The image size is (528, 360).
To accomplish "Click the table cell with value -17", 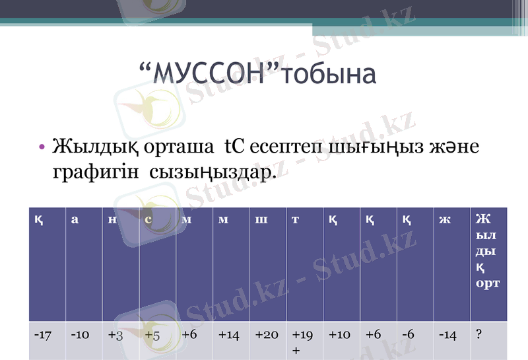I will pos(44,335).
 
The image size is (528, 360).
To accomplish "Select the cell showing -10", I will pos(80,335).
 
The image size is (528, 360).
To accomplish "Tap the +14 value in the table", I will pos(228,335).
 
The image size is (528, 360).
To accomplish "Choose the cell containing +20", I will pos(266,335).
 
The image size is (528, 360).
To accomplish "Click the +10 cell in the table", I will pos(339,335).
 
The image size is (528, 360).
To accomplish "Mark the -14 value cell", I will pos(447,335).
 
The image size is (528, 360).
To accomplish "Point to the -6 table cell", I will pos(407,335).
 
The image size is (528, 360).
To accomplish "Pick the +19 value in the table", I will pos(302,335).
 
